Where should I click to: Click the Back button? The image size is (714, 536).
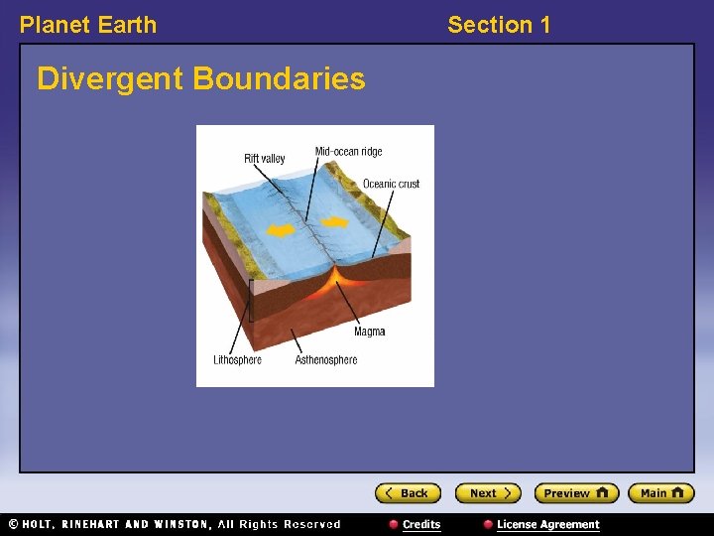click(x=408, y=493)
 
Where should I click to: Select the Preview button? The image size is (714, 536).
click(x=576, y=493)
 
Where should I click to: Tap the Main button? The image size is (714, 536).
click(x=661, y=493)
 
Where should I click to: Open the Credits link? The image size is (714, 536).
click(x=420, y=524)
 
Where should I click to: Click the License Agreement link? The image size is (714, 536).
click(x=547, y=524)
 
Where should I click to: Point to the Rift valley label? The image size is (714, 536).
click(x=264, y=159)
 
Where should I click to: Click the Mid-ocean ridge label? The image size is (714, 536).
click(x=348, y=152)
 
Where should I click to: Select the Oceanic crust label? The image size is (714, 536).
click(x=391, y=184)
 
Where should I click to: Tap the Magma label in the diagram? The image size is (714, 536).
click(x=369, y=332)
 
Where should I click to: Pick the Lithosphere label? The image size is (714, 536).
click(x=237, y=359)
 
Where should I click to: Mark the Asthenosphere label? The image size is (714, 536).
click(x=325, y=359)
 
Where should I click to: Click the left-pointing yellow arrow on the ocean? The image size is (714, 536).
click(x=282, y=231)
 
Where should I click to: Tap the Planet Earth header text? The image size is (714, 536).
click(x=88, y=25)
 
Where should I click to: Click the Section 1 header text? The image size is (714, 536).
click(x=499, y=25)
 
